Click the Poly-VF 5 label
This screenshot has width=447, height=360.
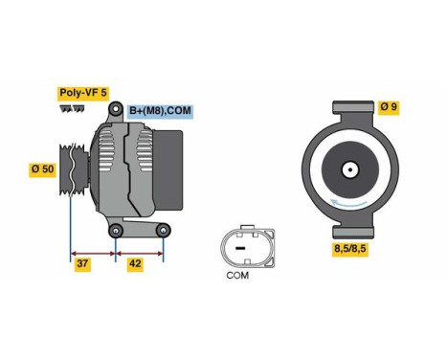pos(83,93)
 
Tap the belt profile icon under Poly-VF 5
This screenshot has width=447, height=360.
pos(72,109)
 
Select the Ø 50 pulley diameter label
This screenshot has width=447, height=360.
pos(43,169)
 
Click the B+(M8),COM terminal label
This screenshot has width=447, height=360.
pos(160,111)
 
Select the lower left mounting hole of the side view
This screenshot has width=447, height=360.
pos(115,230)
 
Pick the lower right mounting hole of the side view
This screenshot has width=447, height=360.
pos(164,230)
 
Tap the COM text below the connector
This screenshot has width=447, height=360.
pos(237,277)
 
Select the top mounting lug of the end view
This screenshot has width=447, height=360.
pos(350,108)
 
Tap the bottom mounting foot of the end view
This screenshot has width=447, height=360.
pos(350,228)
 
